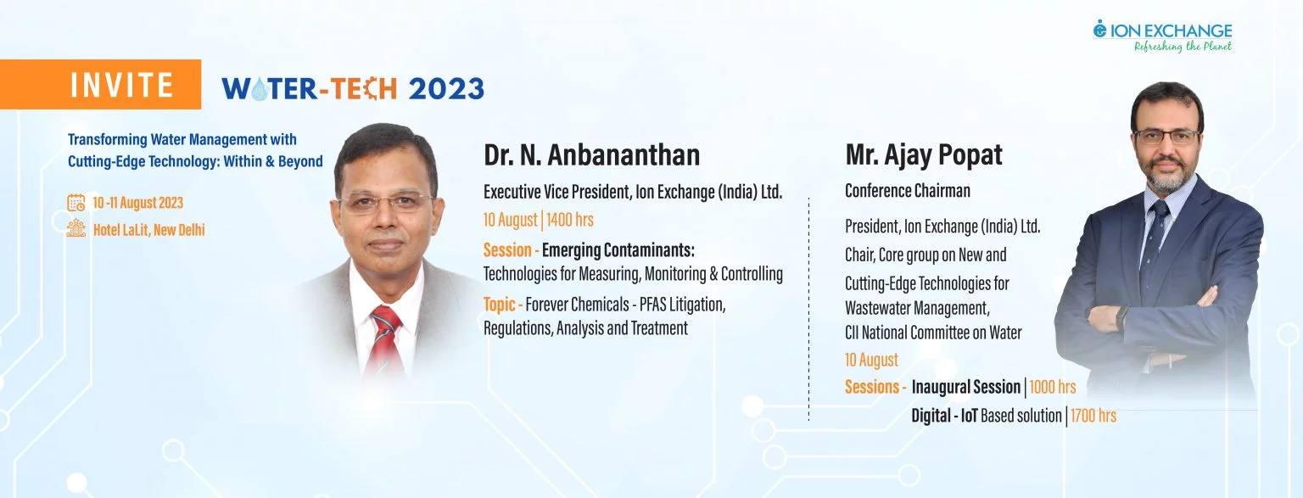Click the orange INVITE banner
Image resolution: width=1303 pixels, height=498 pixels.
pyautogui.click(x=100, y=84)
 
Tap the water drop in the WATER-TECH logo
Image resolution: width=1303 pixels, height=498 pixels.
pyautogui.click(x=259, y=89)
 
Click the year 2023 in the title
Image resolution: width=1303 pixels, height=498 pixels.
pyautogui.click(x=446, y=89)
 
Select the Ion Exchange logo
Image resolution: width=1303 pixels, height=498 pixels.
pyautogui.click(x=1162, y=36)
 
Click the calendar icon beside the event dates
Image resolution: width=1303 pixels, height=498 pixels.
pyautogui.click(x=76, y=203)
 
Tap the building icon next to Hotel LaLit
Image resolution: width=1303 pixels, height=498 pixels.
pyautogui.click(x=76, y=228)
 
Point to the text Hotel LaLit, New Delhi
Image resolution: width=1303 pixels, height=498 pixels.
pyautogui.click(x=149, y=230)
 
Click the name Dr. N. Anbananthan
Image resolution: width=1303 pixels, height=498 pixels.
pyautogui.click(x=591, y=154)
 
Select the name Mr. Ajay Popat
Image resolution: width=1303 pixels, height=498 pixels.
pyautogui.click(x=924, y=154)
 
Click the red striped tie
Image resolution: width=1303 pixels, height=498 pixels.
pyautogui.click(x=386, y=339)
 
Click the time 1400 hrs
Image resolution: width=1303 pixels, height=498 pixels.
pyautogui.click(x=570, y=220)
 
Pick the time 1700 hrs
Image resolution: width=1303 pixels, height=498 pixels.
pyautogui.click(x=1093, y=416)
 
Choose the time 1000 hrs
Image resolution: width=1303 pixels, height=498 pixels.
pyautogui.click(x=1052, y=387)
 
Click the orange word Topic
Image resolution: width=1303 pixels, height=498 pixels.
pyautogui.click(x=499, y=305)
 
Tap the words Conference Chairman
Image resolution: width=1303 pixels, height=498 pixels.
pyautogui.click(x=908, y=191)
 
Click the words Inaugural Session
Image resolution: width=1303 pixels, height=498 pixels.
pyautogui.click(x=965, y=387)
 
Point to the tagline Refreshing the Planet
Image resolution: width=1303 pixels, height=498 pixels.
pyautogui.click(x=1183, y=47)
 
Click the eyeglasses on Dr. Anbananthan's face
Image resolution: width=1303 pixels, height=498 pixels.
pyautogui.click(x=385, y=203)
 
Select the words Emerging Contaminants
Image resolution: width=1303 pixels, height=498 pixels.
pyautogui.click(x=618, y=250)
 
